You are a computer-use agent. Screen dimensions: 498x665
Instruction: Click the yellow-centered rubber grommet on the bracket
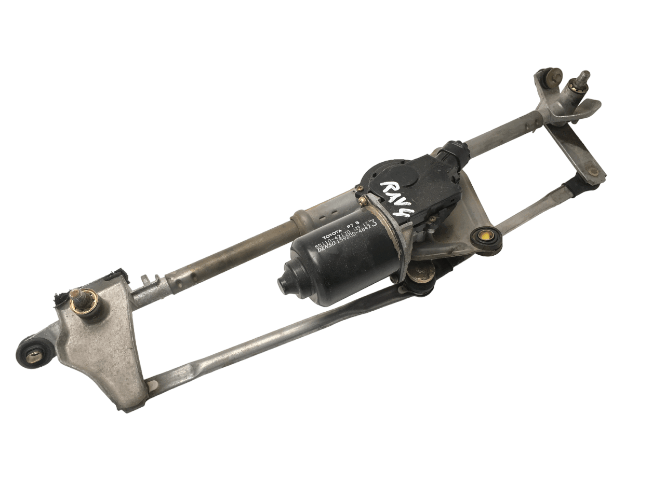485,237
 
